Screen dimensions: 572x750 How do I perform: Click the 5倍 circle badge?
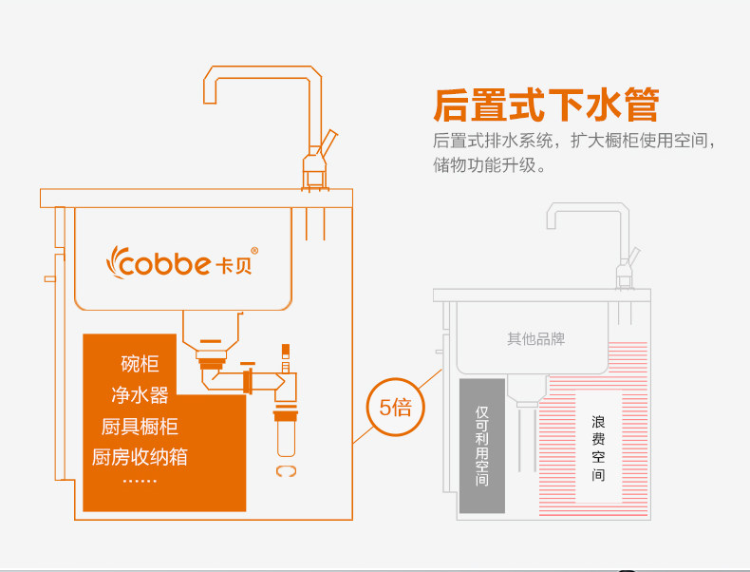(395, 408)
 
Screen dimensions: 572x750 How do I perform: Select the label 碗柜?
(140, 364)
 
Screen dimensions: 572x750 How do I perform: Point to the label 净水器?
(140, 394)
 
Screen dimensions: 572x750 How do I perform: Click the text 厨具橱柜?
(140, 426)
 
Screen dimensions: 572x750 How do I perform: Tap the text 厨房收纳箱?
(140, 457)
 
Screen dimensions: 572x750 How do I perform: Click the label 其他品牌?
(535, 338)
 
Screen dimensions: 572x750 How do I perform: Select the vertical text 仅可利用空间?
(482, 447)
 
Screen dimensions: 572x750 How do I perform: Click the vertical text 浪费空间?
(598, 447)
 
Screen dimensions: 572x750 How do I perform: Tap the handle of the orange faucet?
(328, 141)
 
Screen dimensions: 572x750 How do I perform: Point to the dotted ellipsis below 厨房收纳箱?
(140, 481)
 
